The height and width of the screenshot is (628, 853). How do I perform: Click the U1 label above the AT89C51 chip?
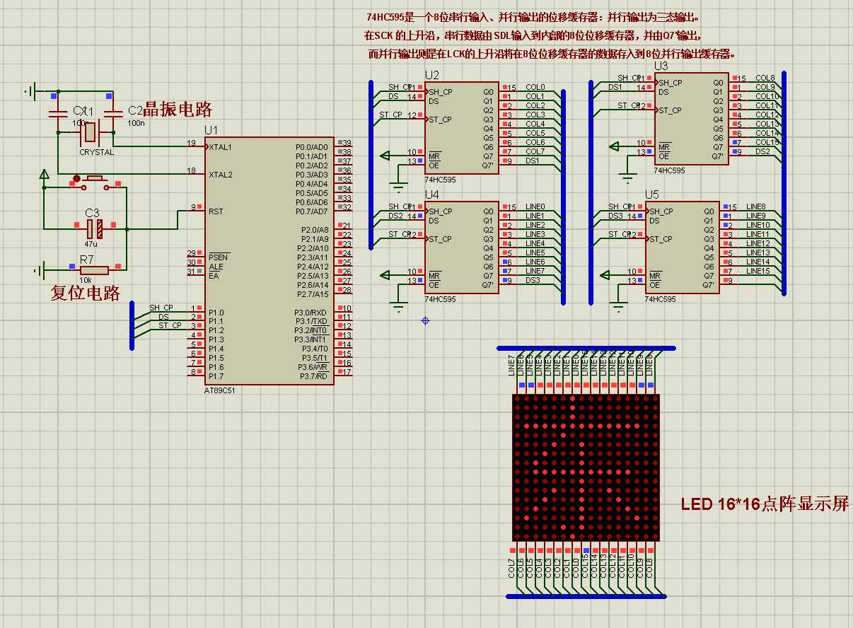tap(211, 131)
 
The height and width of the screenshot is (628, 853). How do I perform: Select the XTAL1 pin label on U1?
tap(221, 147)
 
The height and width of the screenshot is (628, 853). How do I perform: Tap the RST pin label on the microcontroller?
tap(216, 211)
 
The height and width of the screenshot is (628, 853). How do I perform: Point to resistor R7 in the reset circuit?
tap(93, 269)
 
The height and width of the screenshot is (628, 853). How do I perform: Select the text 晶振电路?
tap(178, 110)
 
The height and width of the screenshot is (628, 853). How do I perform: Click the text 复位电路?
tap(85, 292)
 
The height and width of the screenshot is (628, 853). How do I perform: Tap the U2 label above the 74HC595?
tap(431, 75)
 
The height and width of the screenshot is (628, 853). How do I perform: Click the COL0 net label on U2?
tap(535, 88)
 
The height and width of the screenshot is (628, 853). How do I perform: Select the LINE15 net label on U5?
tap(757, 271)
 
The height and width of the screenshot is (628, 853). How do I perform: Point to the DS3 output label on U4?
tap(533, 281)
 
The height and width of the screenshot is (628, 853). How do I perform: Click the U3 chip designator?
tap(661, 66)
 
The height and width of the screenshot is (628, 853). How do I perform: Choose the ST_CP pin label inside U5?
tap(664, 239)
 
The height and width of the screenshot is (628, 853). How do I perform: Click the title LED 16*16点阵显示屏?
tap(765, 504)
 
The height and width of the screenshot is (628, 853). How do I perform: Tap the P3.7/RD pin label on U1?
tap(314, 376)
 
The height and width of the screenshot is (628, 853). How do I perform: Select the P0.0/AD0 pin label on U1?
tap(312, 147)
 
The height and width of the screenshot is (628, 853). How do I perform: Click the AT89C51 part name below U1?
tap(219, 390)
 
